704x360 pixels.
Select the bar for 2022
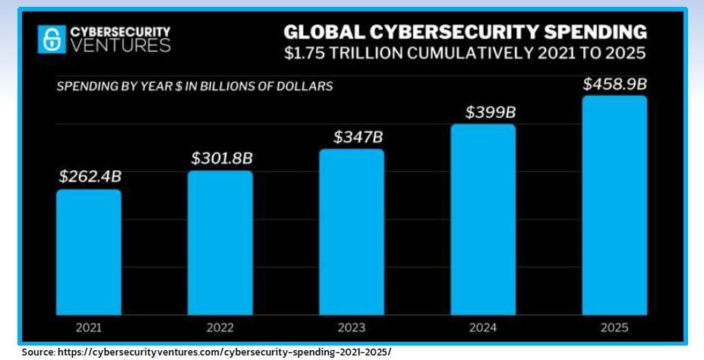pyautogui.click(x=220, y=242)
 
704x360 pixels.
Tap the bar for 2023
pyautogui.click(x=352, y=232)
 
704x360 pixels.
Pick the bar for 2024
pyautogui.click(x=483, y=219)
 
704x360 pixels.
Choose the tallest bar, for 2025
pyautogui.click(x=614, y=205)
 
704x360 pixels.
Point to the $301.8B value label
pyautogui.click(x=222, y=158)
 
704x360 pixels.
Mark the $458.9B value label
pyautogui.click(x=615, y=84)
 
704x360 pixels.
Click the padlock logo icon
pyautogui.click(x=52, y=39)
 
